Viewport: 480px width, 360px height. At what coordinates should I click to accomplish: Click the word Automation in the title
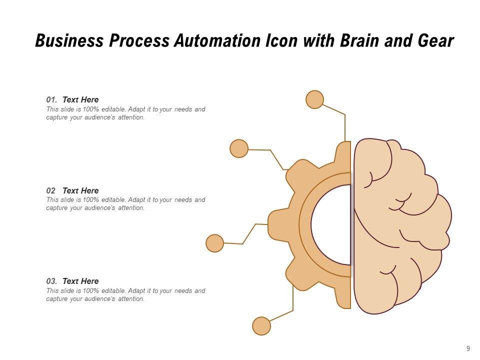[x=216, y=41]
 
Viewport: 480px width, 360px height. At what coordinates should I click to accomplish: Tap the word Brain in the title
[x=364, y=41]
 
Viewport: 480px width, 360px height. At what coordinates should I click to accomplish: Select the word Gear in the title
[x=435, y=41]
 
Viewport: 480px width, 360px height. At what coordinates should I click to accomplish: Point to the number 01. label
[x=52, y=99]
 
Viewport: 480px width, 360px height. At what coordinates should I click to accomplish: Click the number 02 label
[x=51, y=190]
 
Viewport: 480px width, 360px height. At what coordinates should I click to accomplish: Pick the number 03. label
[x=52, y=281]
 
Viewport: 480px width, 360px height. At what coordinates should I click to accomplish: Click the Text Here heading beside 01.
[x=80, y=99]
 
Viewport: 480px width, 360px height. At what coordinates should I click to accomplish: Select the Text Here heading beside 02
[x=80, y=190]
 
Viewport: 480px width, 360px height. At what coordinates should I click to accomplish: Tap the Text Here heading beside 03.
[x=80, y=281]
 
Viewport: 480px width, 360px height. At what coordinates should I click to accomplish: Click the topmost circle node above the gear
[x=314, y=99]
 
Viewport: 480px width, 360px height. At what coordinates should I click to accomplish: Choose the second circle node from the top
[x=239, y=148]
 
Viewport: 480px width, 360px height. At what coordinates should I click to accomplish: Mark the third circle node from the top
[x=215, y=243]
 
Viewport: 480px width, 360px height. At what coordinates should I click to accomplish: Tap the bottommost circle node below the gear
[x=261, y=326]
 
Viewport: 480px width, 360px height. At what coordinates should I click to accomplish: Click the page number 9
[x=468, y=348]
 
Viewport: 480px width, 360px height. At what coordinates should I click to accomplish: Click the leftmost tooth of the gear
[x=276, y=224]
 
